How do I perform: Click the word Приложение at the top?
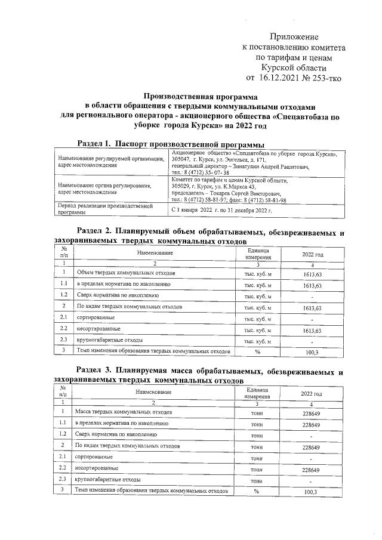point(294,37)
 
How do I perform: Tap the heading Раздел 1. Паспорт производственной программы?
point(172,144)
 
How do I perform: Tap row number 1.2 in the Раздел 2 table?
point(63,296)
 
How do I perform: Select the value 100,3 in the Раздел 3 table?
point(312,492)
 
